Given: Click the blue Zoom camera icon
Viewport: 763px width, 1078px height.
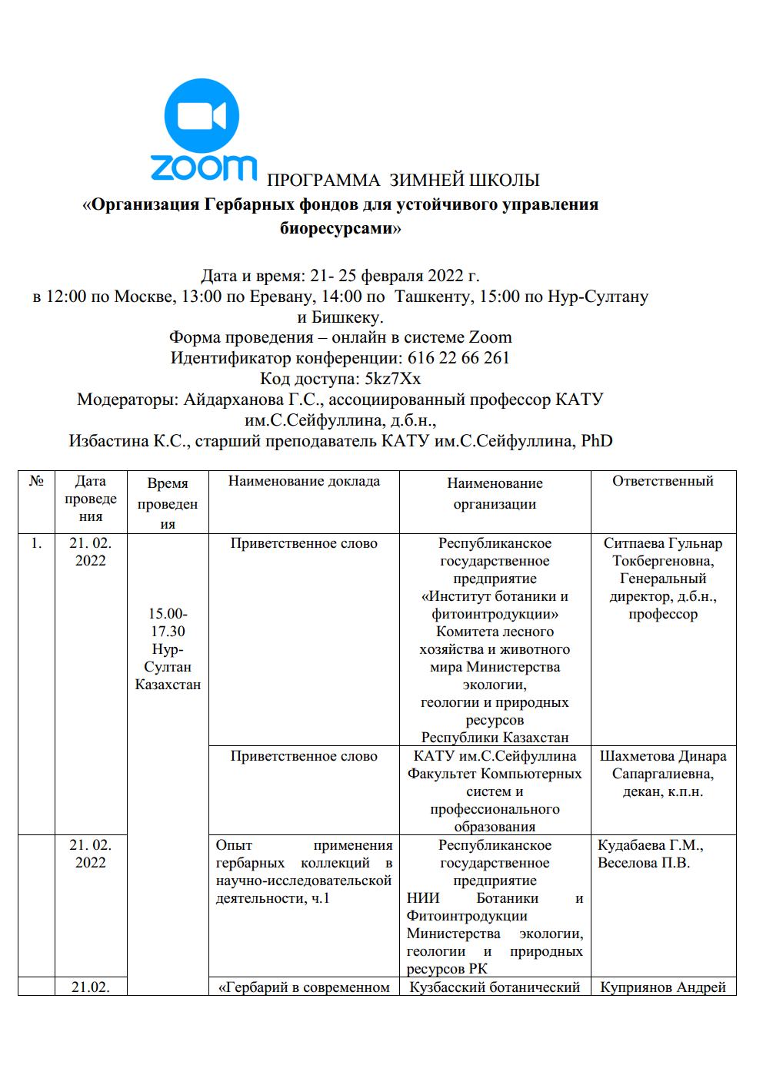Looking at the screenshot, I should click(202, 116).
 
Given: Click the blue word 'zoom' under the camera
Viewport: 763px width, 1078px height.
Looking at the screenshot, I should click(203, 168).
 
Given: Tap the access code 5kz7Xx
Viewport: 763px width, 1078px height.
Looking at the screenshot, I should click(393, 379).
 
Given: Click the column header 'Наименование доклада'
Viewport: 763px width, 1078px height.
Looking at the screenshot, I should click(304, 482).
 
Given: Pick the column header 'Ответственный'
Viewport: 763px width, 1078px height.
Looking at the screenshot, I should click(662, 482).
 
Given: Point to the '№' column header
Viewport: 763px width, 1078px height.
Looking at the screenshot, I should click(36, 482).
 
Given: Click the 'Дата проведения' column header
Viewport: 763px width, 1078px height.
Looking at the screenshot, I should click(91, 499).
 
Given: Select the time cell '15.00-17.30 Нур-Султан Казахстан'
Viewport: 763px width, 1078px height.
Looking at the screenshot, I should click(168, 649).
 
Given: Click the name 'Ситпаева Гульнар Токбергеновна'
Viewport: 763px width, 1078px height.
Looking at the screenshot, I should click(662, 552).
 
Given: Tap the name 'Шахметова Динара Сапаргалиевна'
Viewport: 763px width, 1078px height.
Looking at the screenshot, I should click(662, 765).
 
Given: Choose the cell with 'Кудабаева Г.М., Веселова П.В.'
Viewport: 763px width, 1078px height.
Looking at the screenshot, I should click(651, 854).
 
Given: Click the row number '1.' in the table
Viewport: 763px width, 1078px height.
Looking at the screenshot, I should click(36, 543).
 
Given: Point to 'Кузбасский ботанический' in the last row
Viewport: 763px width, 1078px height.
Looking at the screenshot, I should click(495, 987).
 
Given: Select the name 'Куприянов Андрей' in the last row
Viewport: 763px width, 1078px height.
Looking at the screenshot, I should click(662, 987).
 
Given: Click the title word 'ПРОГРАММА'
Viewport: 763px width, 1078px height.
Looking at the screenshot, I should click(323, 181).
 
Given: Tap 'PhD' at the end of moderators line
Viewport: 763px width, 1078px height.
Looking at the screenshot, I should click(597, 441).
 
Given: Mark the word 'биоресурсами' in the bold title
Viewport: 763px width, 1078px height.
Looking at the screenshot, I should click(339, 227).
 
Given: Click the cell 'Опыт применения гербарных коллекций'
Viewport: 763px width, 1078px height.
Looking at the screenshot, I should click(304, 871).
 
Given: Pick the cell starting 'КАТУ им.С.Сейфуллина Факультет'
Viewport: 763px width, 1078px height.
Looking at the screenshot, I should click(495, 791).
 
